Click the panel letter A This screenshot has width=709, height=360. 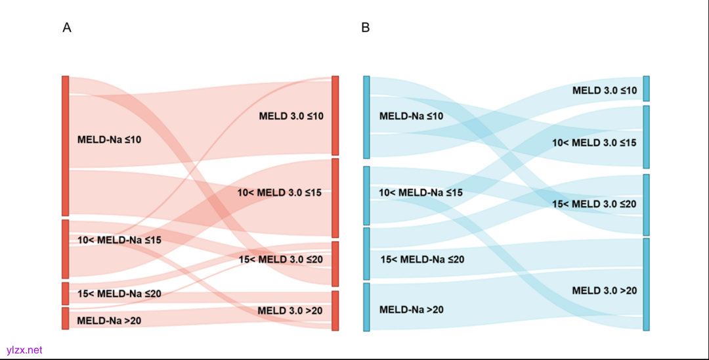click(x=67, y=28)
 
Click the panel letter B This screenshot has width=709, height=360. click(x=366, y=28)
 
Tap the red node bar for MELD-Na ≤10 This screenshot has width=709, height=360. click(x=66, y=145)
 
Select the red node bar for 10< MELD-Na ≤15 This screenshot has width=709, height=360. click(x=66, y=249)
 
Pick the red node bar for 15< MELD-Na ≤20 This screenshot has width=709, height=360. click(x=66, y=294)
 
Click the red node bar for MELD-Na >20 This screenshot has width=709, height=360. click(x=66, y=319)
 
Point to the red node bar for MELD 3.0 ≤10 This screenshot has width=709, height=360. click(x=335, y=116)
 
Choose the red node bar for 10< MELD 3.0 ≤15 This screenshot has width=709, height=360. click(x=335, y=198)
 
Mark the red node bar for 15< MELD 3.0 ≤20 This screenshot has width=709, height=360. click(x=335, y=264)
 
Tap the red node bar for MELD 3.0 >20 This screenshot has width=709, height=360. click(x=335, y=311)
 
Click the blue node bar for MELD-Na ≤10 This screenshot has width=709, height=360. click(x=367, y=117)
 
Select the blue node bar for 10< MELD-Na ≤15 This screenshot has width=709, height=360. click(x=367, y=196)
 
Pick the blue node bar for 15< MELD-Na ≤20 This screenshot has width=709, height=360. click(x=367, y=254)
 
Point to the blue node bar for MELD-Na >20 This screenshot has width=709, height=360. click(x=367, y=307)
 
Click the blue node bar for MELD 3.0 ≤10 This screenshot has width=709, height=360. click(x=646, y=89)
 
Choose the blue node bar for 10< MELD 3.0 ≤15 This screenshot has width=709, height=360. click(x=646, y=137)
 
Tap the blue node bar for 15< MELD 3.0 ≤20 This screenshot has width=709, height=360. click(x=646, y=204)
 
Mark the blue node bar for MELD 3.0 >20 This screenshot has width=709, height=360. click(x=646, y=284)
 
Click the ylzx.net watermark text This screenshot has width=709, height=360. click(x=24, y=350)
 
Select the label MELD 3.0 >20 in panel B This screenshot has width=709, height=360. click(x=604, y=290)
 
